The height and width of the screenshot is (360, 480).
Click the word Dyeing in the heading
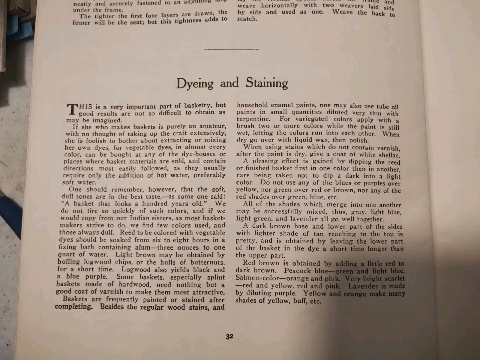point(195,83)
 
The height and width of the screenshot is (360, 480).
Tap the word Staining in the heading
point(267,82)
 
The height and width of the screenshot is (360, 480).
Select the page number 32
point(229,336)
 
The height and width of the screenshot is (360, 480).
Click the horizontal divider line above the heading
point(231,49)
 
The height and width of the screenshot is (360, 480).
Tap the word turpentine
point(253,119)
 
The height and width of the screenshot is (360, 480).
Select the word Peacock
point(297,271)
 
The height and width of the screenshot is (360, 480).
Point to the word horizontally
point(279,5)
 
